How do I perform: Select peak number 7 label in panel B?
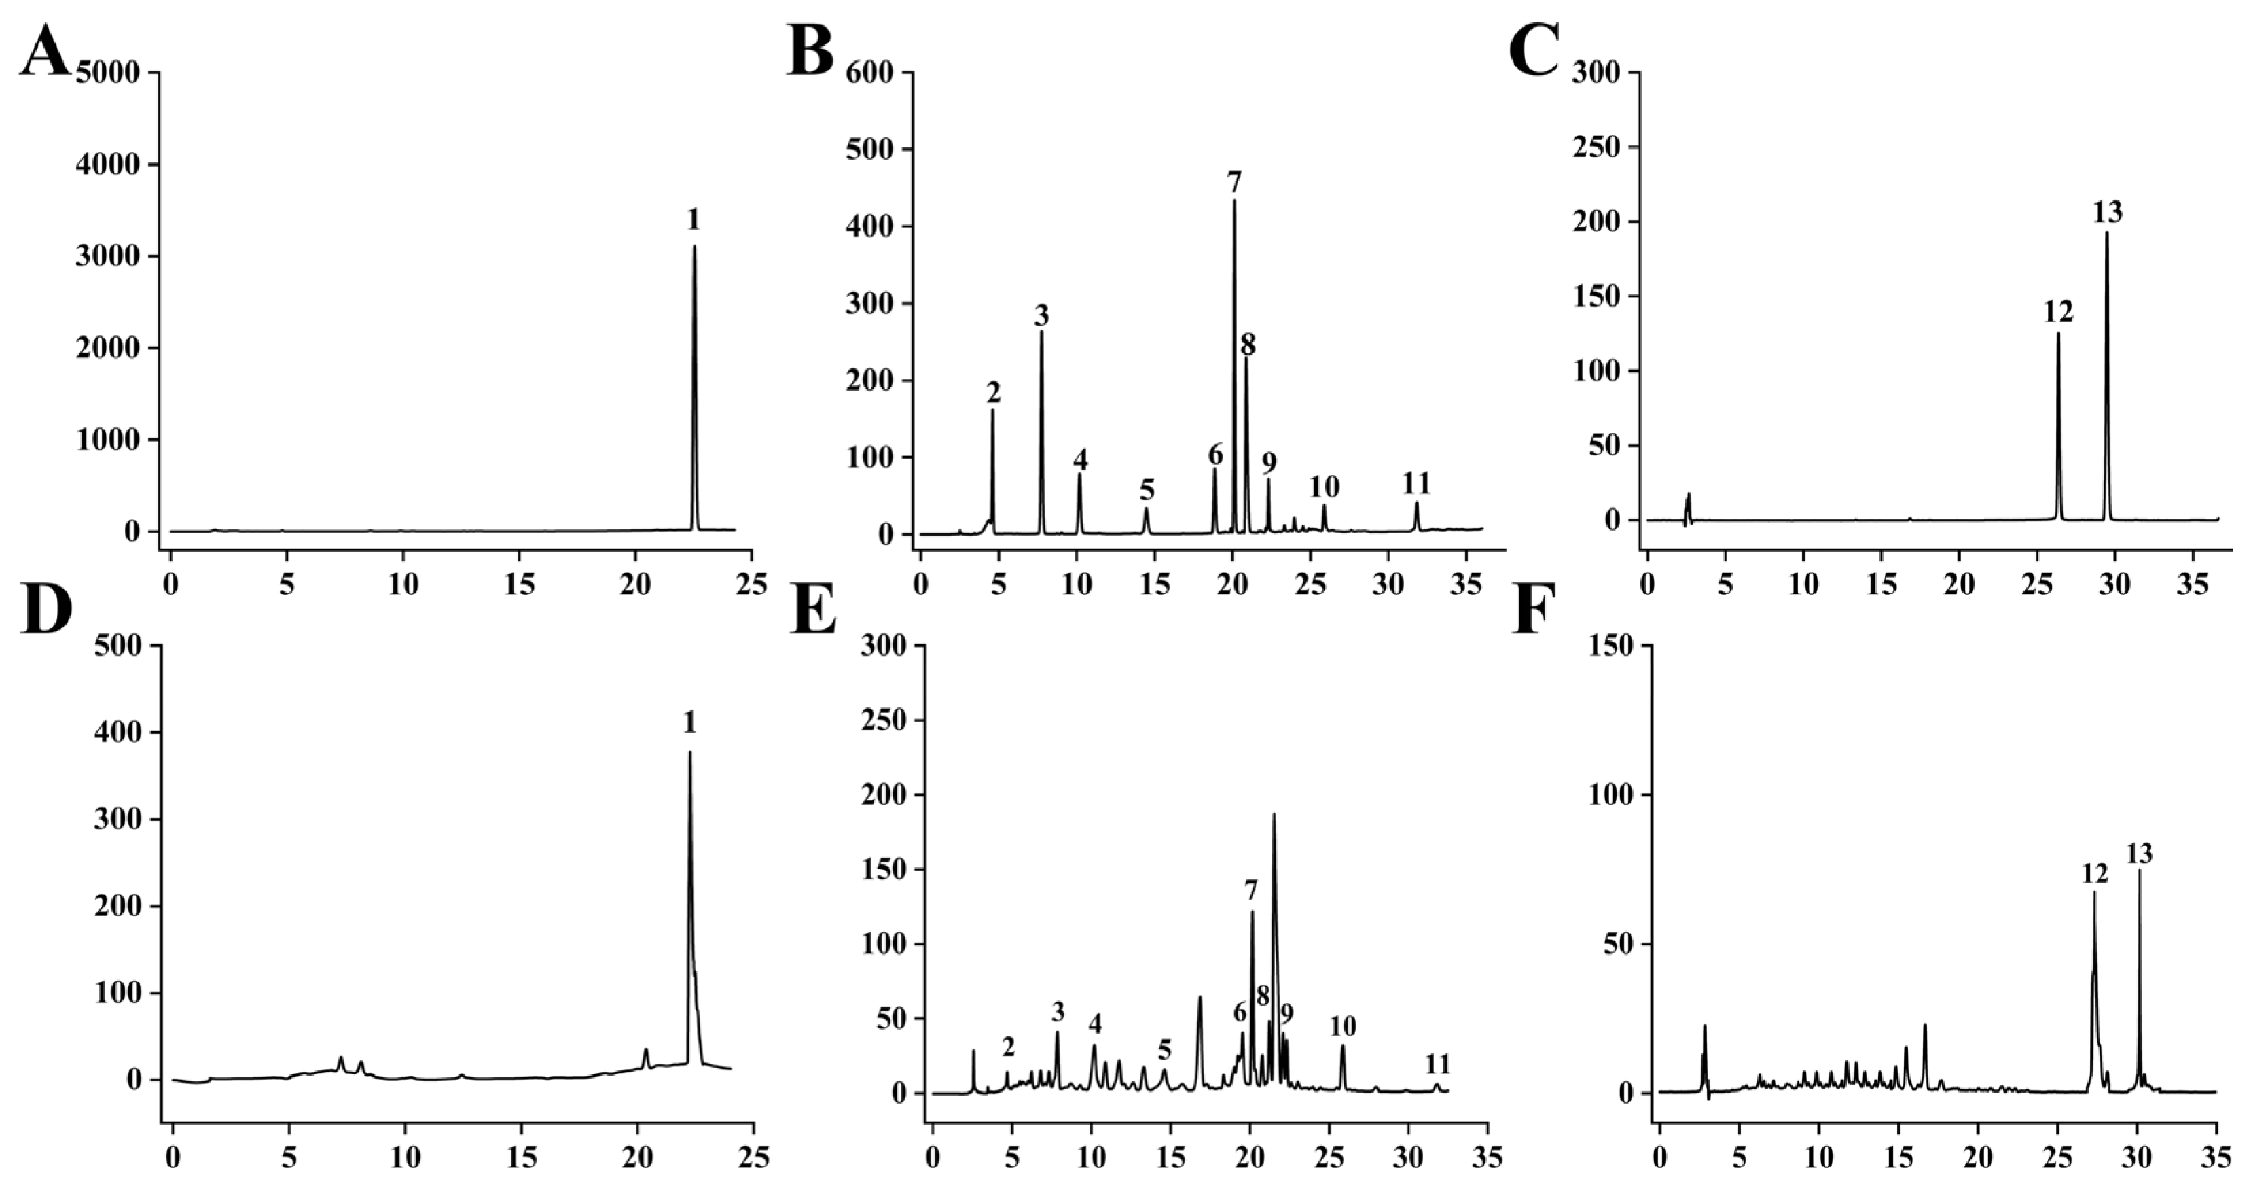pos(1234,183)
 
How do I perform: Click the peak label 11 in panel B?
pos(1416,483)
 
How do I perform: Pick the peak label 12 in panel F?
pos(2095,873)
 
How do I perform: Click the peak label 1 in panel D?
pos(689,722)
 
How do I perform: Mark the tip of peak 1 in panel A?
pos(695,246)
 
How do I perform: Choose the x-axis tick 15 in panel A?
pos(519,583)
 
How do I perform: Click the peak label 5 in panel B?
pos(1147,489)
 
